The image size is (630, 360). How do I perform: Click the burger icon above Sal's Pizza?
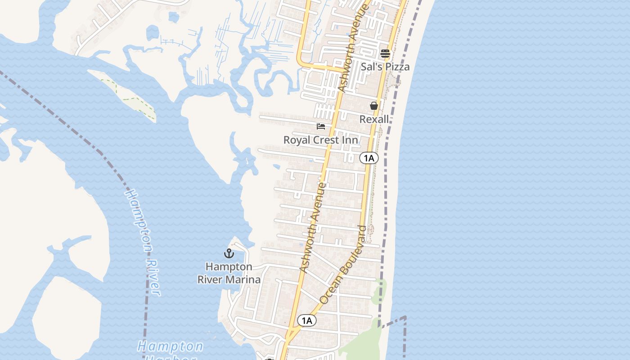point(385,54)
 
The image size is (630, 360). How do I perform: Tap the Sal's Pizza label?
point(385,67)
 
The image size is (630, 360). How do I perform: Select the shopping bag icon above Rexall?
point(373,106)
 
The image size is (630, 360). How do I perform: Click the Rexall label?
point(374,119)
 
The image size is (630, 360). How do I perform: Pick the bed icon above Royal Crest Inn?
point(321,126)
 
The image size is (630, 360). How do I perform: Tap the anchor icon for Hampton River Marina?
point(229,253)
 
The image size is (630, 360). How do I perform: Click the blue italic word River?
point(153,277)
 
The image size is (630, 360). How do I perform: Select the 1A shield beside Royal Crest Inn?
point(369,158)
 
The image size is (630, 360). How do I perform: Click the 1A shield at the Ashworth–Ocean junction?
point(306,320)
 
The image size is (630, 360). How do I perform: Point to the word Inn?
point(351,140)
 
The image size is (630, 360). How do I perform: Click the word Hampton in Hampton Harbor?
point(170,346)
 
